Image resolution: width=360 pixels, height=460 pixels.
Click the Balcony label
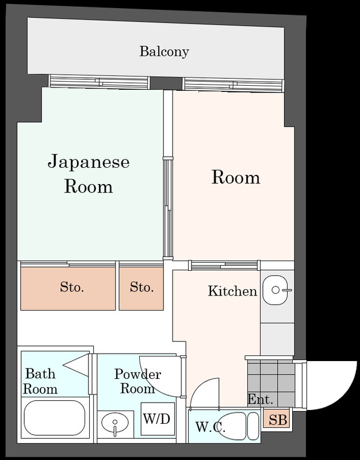(164, 52)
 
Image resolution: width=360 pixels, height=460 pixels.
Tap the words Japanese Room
(88, 174)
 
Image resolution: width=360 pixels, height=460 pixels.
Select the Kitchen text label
(232, 292)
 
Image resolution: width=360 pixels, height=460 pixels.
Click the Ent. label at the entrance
(260, 400)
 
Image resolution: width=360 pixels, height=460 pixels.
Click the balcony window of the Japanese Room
(99, 83)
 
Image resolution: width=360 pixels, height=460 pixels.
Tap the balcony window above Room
(233, 85)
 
